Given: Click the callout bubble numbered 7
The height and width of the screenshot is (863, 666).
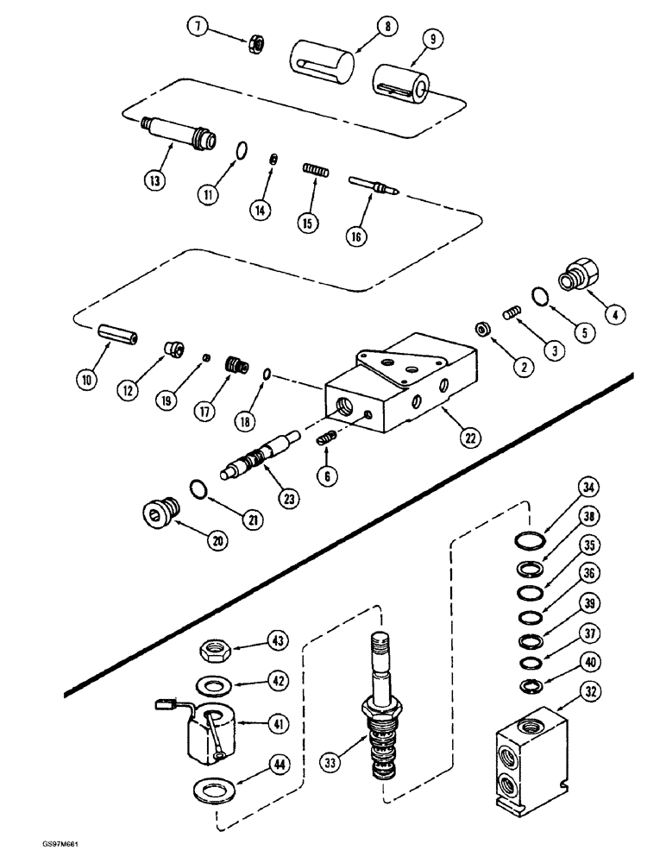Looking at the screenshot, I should click(x=198, y=28).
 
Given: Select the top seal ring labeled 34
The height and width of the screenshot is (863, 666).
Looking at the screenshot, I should click(x=531, y=541).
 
